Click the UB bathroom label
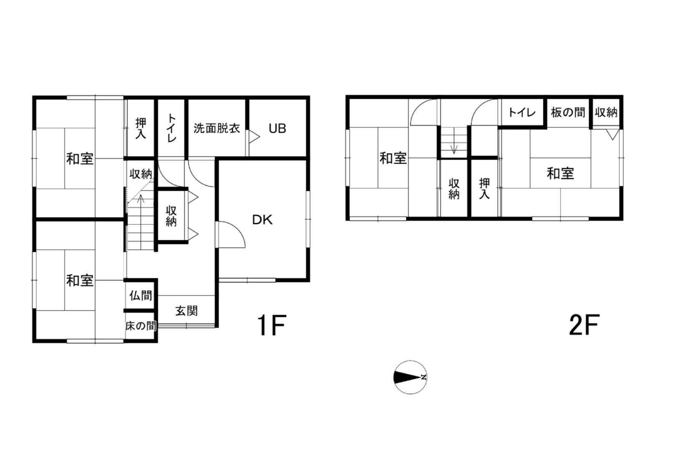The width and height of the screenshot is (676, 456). pyautogui.click(x=277, y=129)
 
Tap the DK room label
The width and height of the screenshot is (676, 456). pyautogui.click(x=262, y=220)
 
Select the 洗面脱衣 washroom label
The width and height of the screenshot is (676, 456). pyautogui.click(x=217, y=128)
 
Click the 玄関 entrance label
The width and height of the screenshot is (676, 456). pyautogui.click(x=187, y=311)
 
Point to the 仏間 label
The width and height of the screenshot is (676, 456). pyautogui.click(x=141, y=295)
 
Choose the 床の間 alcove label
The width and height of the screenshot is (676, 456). pyautogui.click(x=141, y=326)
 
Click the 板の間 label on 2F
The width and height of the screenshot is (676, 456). pyautogui.click(x=568, y=112)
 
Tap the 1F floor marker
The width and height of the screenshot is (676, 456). pyautogui.click(x=271, y=325)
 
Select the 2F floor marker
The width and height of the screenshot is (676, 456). pyautogui.click(x=584, y=325)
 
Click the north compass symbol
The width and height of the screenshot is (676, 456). pyautogui.click(x=410, y=377)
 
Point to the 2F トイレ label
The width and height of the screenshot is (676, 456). pyautogui.click(x=522, y=113)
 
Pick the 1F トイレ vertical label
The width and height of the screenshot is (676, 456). pyautogui.click(x=172, y=128)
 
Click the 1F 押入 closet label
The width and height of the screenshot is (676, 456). pyautogui.click(x=141, y=128)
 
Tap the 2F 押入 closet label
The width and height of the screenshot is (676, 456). pyautogui.click(x=484, y=188)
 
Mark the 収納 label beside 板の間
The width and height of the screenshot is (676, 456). pyautogui.click(x=606, y=112)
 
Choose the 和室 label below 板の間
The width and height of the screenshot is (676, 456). pyautogui.click(x=560, y=174)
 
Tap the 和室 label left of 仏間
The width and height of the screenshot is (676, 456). pyautogui.click(x=80, y=281)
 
